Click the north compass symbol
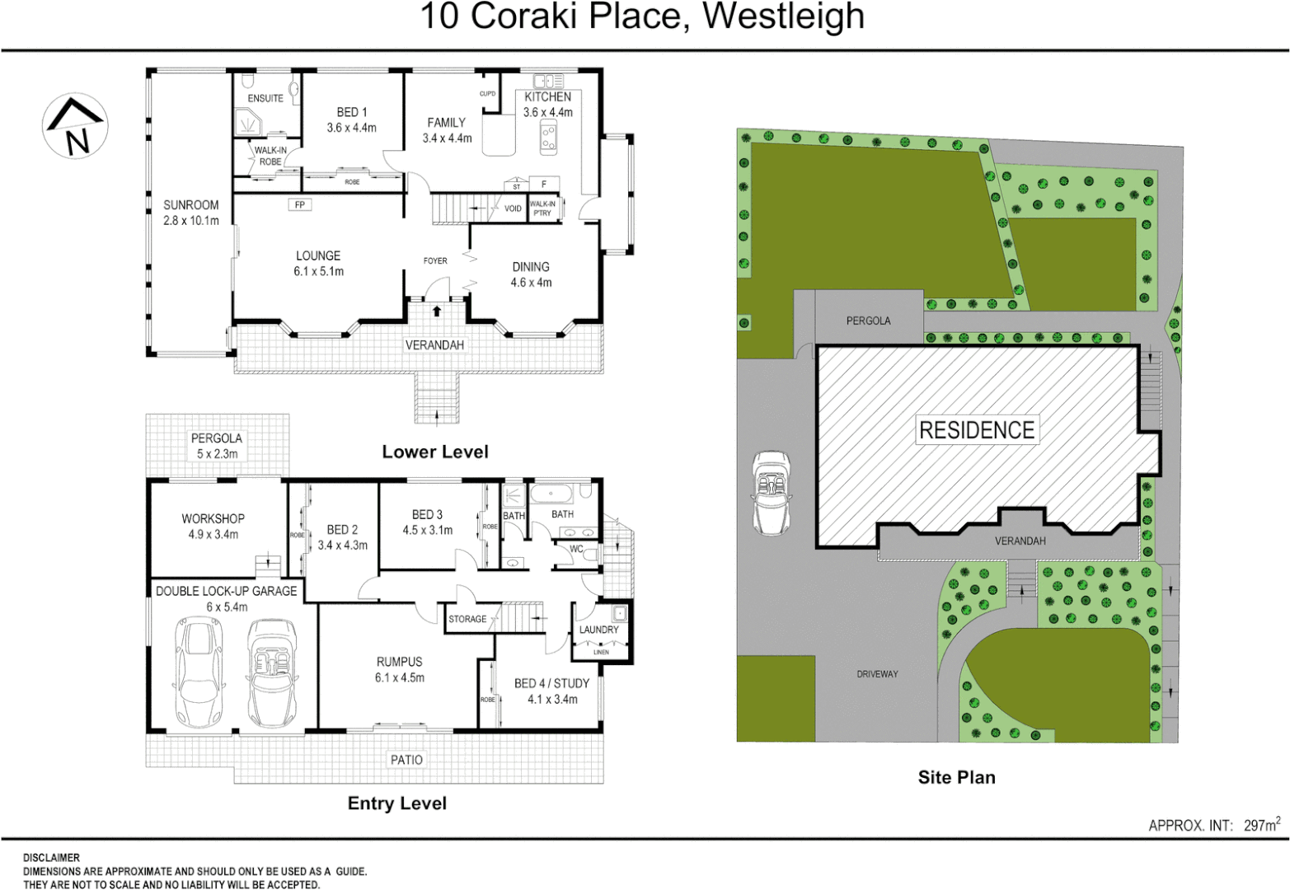click(x=75, y=126)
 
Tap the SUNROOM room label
click(x=191, y=205)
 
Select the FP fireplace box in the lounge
click(x=300, y=204)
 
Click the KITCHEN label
click(x=547, y=96)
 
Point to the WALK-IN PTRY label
click(x=542, y=208)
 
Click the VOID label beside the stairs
click(x=513, y=208)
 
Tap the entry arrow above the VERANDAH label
click(x=435, y=311)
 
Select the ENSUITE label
click(x=265, y=98)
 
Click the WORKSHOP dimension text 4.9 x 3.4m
click(x=213, y=534)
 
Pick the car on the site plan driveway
click(x=771, y=492)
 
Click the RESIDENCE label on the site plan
click(x=977, y=430)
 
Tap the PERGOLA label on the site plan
click(x=868, y=321)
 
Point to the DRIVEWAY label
click(x=877, y=674)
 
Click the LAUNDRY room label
click(x=598, y=630)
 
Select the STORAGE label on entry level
click(x=467, y=619)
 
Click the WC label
click(x=576, y=549)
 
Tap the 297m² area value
click(x=1262, y=824)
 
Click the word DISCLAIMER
click(x=51, y=858)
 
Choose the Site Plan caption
click(x=956, y=777)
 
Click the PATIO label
click(x=406, y=760)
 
